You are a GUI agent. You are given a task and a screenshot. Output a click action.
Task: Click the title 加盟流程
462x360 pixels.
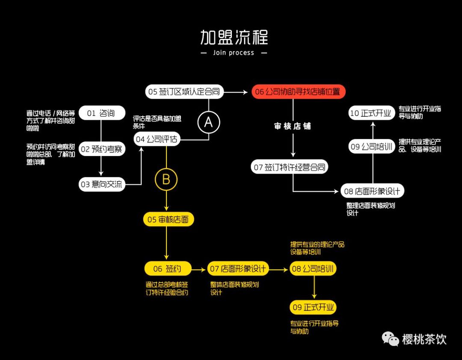[234, 37]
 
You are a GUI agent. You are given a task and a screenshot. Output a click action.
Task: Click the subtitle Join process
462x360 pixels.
[234, 53]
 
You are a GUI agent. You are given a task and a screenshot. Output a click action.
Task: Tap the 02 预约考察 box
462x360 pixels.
[102, 149]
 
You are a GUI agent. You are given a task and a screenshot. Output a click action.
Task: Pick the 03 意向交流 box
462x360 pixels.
[102, 185]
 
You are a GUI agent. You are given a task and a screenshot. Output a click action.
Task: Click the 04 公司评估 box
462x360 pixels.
[157, 139]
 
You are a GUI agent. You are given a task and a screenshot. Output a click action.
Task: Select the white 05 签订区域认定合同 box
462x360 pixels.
[184, 92]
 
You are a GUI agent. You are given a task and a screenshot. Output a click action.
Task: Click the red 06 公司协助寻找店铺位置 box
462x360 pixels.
[298, 92]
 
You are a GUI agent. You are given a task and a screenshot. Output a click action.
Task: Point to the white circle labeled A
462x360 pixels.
[208, 123]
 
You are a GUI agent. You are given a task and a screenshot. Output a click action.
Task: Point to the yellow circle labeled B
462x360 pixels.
[166, 180]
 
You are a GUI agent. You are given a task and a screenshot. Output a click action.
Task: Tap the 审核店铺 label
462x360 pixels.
[293, 127]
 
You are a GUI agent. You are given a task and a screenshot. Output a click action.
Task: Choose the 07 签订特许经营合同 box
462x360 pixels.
[290, 167]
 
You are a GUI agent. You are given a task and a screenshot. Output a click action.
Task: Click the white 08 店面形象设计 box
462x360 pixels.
[372, 191]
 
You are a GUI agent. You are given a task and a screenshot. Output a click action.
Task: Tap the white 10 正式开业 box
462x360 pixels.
[370, 113]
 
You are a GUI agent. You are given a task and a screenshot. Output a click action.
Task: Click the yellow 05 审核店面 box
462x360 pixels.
[168, 220]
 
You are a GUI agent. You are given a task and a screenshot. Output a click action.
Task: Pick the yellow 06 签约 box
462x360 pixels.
[167, 269]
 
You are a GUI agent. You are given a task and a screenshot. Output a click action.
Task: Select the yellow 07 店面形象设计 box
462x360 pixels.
[238, 269]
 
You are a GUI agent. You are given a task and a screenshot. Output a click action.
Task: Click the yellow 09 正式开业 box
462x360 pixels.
[314, 307]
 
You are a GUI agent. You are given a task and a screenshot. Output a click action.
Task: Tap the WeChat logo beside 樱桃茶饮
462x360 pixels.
[390, 339]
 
